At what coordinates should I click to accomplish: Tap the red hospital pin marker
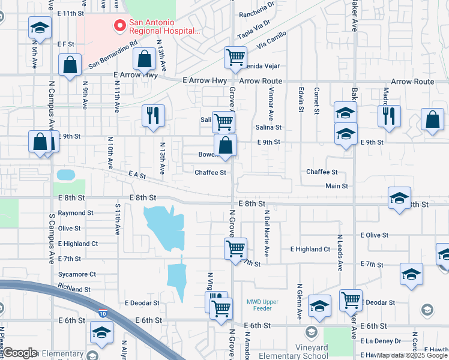(x=119, y=26)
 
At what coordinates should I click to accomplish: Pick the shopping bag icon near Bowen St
(x=225, y=145)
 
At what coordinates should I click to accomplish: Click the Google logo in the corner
(x=20, y=353)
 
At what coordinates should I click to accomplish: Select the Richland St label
(x=74, y=289)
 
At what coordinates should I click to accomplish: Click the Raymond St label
(x=76, y=213)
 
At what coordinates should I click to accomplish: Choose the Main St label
(x=336, y=186)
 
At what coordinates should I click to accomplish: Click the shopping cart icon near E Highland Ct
(x=236, y=248)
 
